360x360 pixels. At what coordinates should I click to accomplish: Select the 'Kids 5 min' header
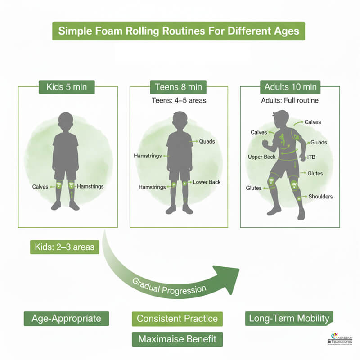pyautogui.click(x=67, y=86)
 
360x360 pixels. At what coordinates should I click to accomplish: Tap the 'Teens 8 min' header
pyautogui.click(x=179, y=86)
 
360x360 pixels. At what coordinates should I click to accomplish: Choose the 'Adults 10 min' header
pyautogui.click(x=290, y=86)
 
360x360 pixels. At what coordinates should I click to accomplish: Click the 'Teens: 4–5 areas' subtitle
pyautogui.click(x=179, y=100)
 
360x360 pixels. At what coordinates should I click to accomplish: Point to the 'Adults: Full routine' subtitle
pyautogui.click(x=290, y=100)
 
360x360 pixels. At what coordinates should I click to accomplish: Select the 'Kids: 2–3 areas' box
pyautogui.click(x=64, y=247)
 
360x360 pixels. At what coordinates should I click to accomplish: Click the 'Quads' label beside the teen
pyautogui.click(x=207, y=141)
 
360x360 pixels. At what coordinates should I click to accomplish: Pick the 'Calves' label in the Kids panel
pyautogui.click(x=40, y=186)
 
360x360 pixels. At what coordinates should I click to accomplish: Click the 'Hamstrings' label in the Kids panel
pyautogui.click(x=90, y=186)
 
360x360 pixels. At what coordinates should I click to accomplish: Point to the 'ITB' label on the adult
pyautogui.click(x=311, y=157)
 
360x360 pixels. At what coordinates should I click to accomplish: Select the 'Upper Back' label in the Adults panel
pyautogui.click(x=262, y=157)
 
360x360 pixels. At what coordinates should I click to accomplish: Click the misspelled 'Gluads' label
pyautogui.click(x=319, y=142)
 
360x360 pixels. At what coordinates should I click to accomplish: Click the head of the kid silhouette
pyautogui.click(x=66, y=121)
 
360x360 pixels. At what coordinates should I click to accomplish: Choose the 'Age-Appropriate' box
pyautogui.click(x=66, y=319)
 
